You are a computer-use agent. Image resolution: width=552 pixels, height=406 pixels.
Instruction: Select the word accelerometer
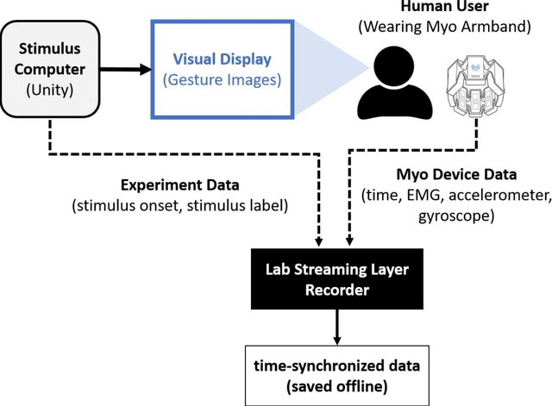coord(504,196)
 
